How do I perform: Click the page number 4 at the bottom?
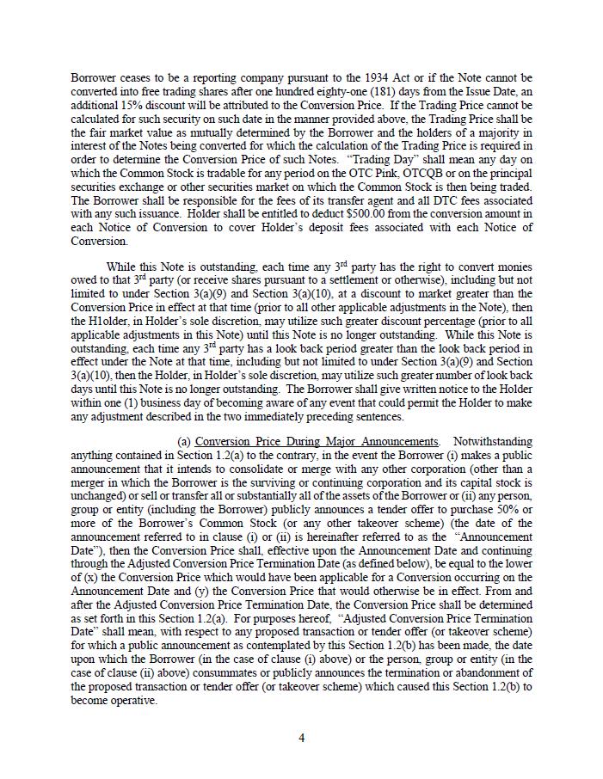pos(301,737)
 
